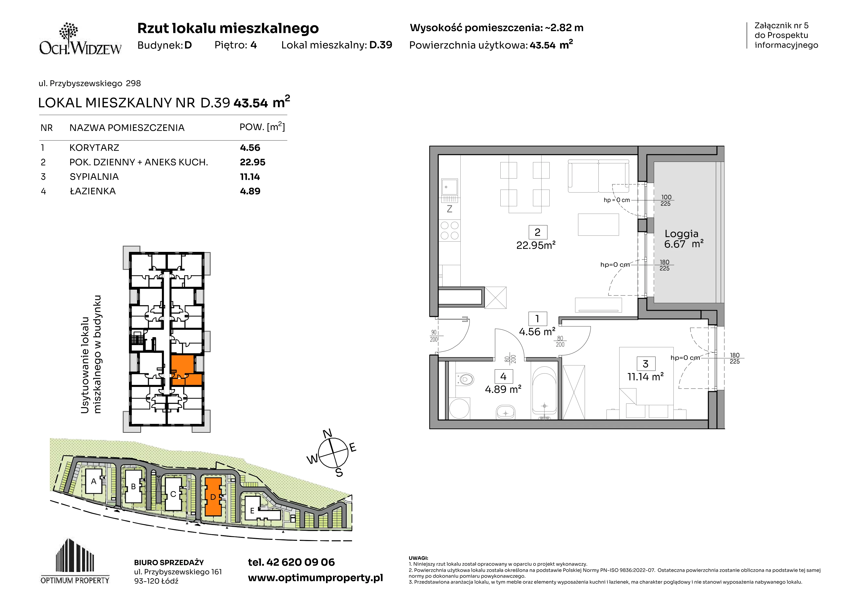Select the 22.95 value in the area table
pyautogui.click(x=253, y=162)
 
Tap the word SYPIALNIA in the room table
pyautogui.click(x=94, y=177)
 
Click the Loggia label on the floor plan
pyautogui.click(x=681, y=234)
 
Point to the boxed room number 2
pyautogui.click(x=537, y=232)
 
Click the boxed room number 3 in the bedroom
pyautogui.click(x=645, y=364)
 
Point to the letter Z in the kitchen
pyautogui.click(x=449, y=209)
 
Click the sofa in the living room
pyautogui.click(x=598, y=176)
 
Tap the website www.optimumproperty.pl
pyautogui.click(x=315, y=578)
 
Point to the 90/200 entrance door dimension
pyautogui.click(x=434, y=336)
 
